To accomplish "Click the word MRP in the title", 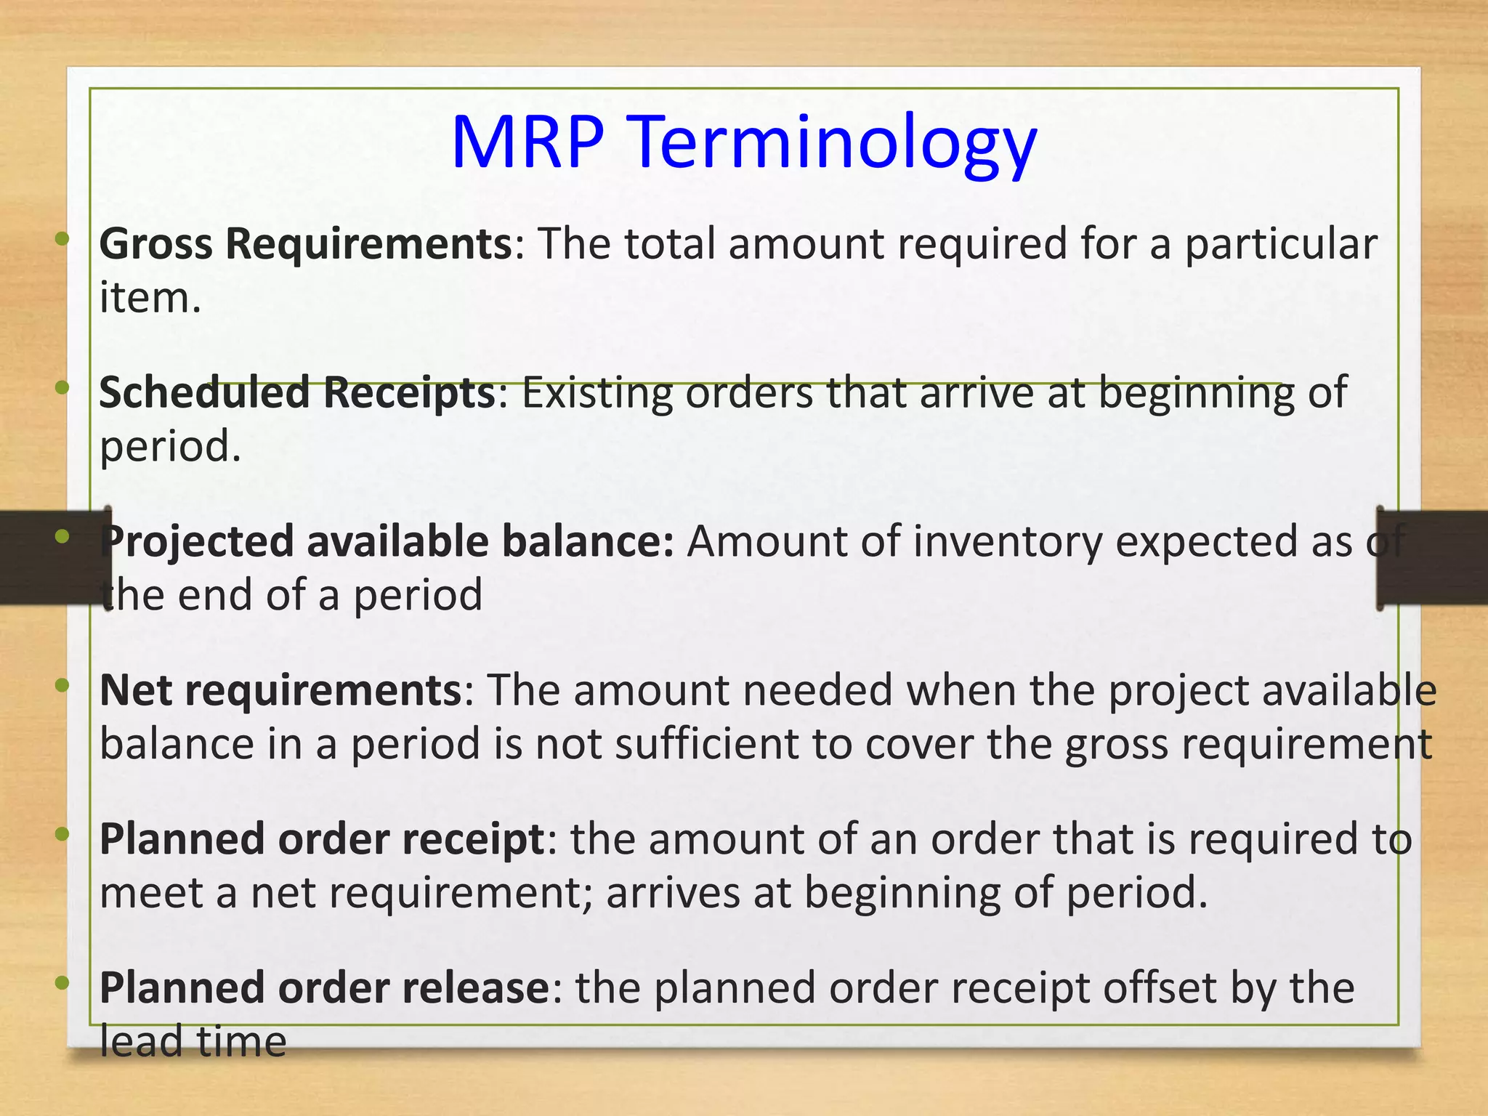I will [527, 142].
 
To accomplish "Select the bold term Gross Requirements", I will [306, 243].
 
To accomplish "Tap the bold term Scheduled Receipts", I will [297, 392].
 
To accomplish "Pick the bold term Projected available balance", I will [387, 542].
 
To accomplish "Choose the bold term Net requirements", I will [280, 690].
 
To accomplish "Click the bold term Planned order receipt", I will [322, 839].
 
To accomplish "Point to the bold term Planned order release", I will [324, 988].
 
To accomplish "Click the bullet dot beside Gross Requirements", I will [62, 238].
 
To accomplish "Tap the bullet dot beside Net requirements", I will [62, 684].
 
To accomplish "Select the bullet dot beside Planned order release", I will [62, 983].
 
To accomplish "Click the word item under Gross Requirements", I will [150, 298].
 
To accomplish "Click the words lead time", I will [193, 1042].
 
